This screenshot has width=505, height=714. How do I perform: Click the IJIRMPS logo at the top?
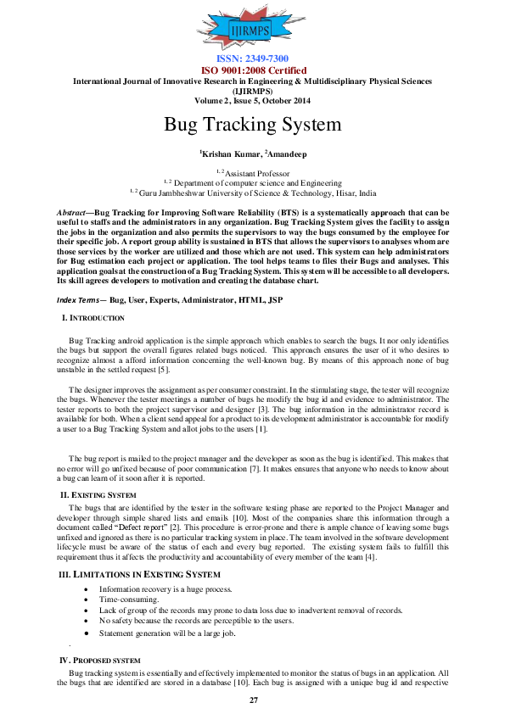[253, 31]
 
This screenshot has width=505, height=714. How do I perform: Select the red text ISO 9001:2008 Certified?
[253, 70]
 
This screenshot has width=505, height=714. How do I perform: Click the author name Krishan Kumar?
[229, 153]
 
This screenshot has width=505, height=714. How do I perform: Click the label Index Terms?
[76, 300]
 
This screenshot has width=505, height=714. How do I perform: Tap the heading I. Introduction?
[93, 318]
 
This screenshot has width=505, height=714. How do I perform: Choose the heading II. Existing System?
[98, 494]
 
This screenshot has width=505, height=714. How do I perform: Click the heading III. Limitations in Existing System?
[140, 575]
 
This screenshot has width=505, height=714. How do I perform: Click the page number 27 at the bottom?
[253, 700]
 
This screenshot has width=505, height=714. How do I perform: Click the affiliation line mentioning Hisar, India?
[253, 192]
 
